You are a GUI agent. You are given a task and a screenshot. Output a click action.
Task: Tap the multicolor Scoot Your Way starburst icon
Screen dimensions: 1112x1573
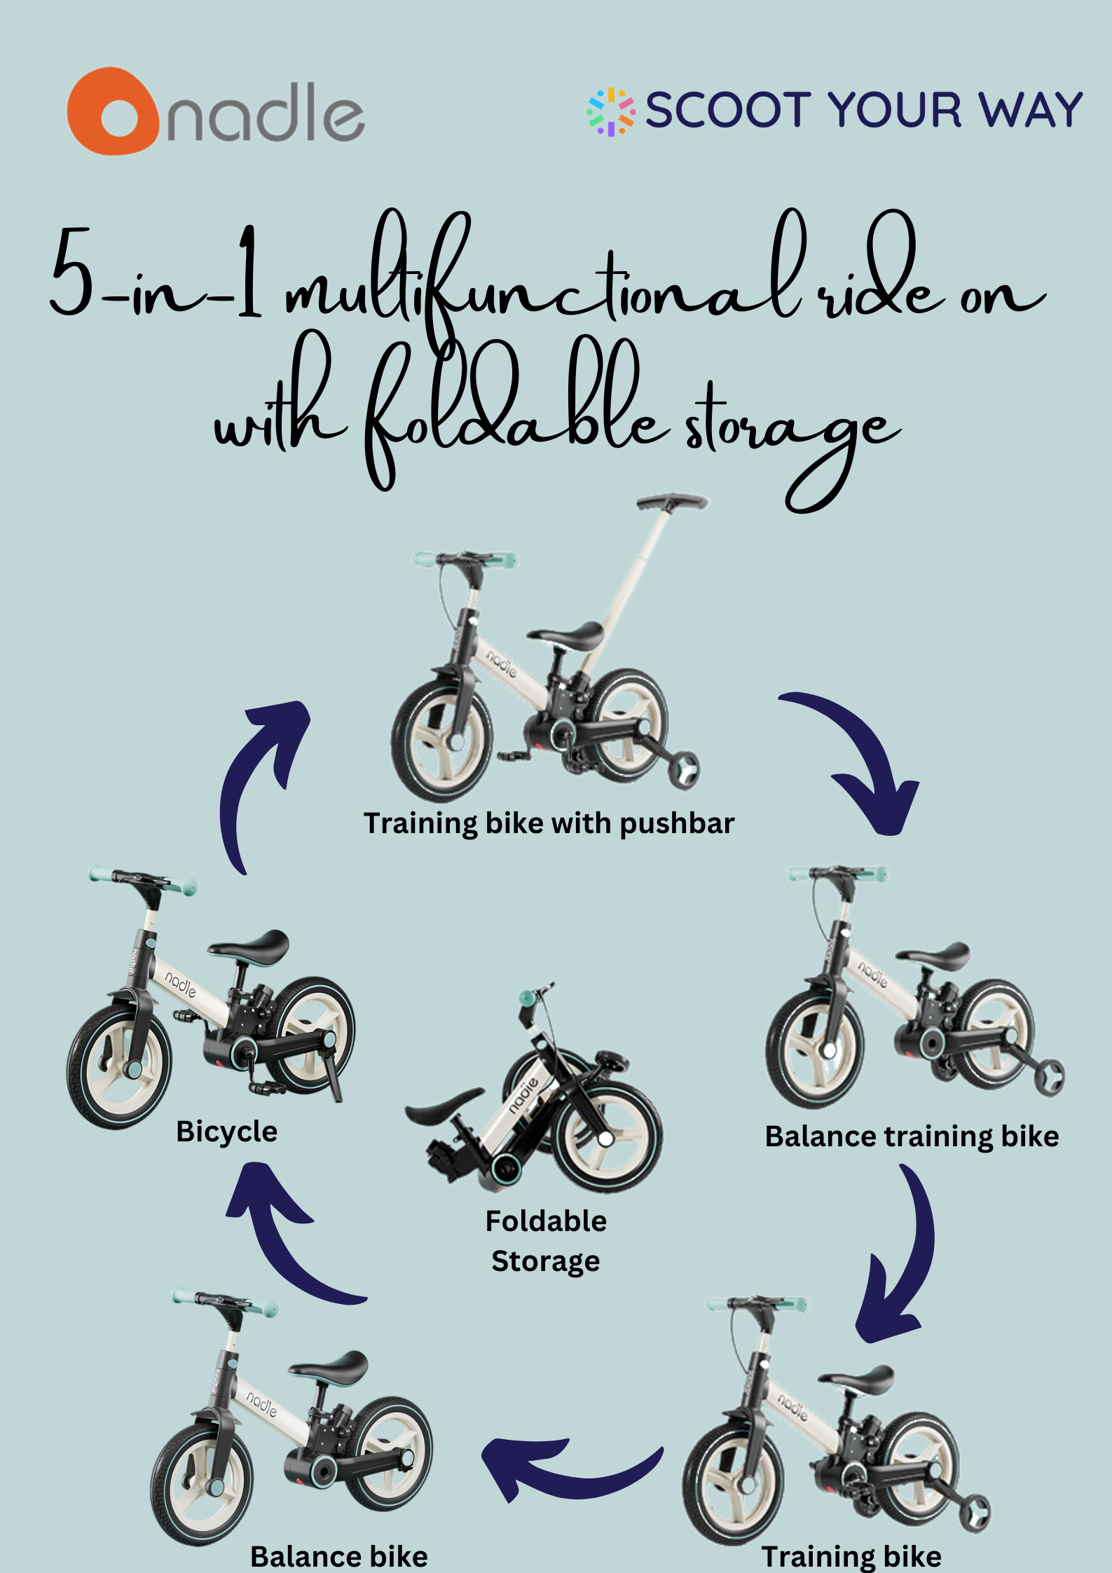pyautogui.click(x=611, y=111)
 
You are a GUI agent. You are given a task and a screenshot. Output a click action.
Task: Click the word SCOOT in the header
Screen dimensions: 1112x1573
pyautogui.click(x=728, y=110)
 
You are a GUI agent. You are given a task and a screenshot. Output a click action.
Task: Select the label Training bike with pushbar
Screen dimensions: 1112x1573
pyautogui.click(x=549, y=824)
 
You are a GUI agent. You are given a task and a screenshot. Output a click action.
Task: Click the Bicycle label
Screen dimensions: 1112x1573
pyautogui.click(x=226, y=1132)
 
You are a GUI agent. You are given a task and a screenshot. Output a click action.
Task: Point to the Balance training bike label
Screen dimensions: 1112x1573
pyautogui.click(x=912, y=1136)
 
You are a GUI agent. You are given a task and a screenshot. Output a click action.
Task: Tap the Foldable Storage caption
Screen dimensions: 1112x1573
pyautogui.click(x=546, y=1241)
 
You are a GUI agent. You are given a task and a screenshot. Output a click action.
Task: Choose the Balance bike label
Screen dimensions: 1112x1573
pyautogui.click(x=339, y=1557)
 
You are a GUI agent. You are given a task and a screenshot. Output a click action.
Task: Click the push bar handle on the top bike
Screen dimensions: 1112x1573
pyautogui.click(x=672, y=502)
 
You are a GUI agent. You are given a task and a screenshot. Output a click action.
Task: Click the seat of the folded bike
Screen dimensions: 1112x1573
pyautogui.click(x=444, y=1104)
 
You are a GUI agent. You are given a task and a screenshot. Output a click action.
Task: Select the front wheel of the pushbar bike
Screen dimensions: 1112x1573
pyautogui.click(x=442, y=740)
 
